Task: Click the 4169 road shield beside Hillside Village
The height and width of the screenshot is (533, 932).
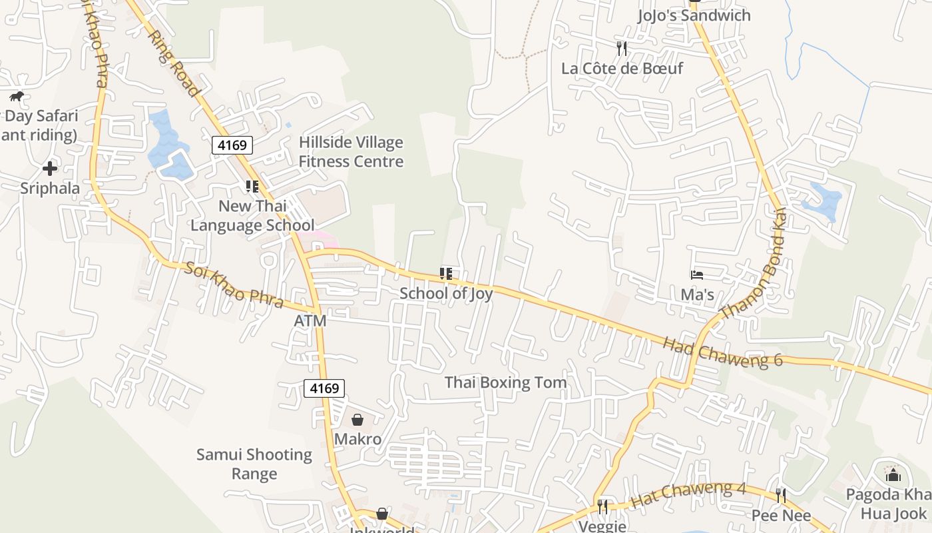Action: pos(232,145)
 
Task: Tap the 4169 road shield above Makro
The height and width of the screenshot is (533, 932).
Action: pos(324,388)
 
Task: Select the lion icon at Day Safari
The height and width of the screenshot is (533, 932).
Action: pos(17,97)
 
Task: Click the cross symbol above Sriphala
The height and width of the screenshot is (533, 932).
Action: pos(50,169)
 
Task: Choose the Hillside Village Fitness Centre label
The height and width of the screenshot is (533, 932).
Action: pos(351,152)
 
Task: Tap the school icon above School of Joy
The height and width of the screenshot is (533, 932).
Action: pos(446,273)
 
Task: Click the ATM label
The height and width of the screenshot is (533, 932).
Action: pos(310,321)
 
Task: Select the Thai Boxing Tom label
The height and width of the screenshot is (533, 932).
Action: pos(506,382)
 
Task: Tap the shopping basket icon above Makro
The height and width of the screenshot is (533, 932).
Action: pos(357,420)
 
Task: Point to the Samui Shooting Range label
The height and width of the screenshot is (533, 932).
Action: pos(254,464)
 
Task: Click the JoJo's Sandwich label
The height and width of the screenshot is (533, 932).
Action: pos(694,15)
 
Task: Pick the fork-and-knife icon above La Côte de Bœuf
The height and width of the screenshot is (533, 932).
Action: pos(622,48)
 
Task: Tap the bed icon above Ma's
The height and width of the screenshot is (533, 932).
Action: pos(697,274)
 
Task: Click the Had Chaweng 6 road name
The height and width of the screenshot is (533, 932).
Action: pos(723,352)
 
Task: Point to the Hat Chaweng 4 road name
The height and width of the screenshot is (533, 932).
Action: pos(688,496)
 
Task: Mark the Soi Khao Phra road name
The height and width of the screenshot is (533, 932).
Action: pos(234,286)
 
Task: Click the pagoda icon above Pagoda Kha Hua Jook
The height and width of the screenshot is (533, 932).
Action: pos(893,474)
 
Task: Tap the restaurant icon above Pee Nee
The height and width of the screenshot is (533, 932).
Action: pos(781,496)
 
